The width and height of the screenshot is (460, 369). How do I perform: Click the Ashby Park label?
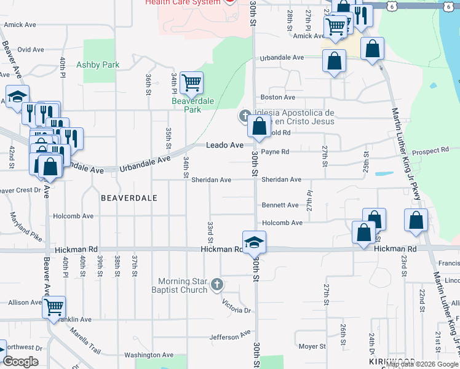point(98,65)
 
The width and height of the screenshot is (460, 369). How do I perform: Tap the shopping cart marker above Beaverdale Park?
point(191,82)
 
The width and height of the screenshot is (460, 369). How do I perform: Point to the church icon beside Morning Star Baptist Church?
point(216,284)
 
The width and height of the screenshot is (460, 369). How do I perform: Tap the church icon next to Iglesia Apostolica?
point(245,116)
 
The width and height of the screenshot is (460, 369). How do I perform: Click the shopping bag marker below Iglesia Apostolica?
point(259,126)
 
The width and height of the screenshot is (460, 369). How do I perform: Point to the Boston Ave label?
point(278,97)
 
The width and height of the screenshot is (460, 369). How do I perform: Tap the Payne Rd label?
point(275,151)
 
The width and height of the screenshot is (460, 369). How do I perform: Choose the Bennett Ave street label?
point(280,205)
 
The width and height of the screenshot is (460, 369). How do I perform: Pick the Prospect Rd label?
point(432,151)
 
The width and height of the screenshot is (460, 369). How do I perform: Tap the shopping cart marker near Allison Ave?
point(54,306)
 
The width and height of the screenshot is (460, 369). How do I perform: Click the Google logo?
point(21,362)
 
